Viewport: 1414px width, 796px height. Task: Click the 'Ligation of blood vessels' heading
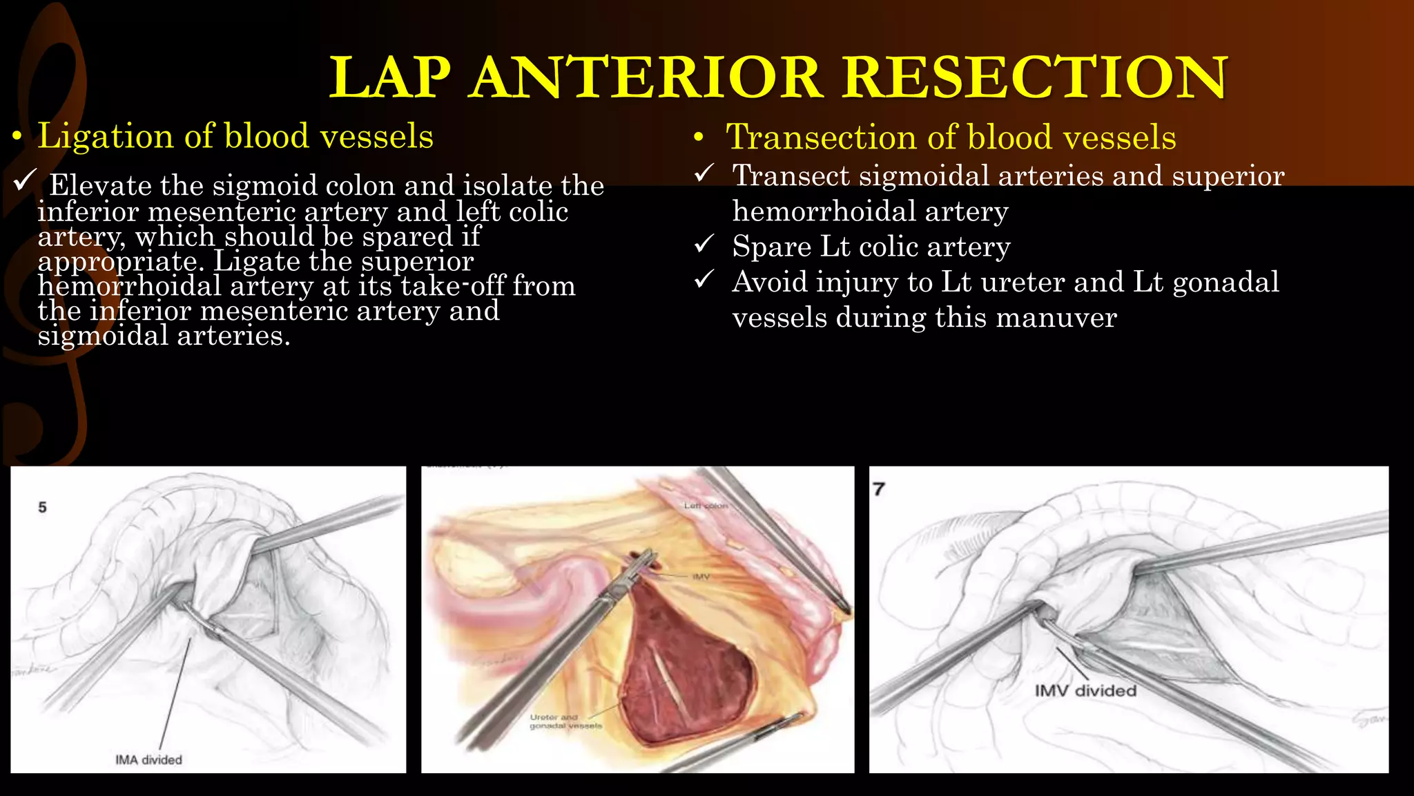point(235,136)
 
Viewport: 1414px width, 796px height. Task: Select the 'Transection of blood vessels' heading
point(951,137)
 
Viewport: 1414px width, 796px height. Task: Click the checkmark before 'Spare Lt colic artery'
point(704,244)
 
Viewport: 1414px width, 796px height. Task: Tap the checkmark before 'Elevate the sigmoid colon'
point(24,181)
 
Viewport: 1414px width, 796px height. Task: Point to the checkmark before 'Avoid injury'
point(704,279)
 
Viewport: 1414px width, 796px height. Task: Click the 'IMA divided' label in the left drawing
point(148,759)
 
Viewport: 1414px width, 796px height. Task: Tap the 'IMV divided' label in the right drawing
point(1085,690)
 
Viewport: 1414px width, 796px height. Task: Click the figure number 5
point(42,507)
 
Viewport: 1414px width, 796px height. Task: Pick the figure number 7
point(878,489)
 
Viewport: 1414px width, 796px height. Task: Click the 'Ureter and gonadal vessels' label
point(565,721)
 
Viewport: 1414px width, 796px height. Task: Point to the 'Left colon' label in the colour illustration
point(705,506)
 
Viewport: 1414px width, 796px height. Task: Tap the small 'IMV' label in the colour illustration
point(700,576)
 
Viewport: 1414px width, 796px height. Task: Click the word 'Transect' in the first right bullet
point(790,176)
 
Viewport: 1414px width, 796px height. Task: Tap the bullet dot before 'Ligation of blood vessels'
point(17,138)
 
